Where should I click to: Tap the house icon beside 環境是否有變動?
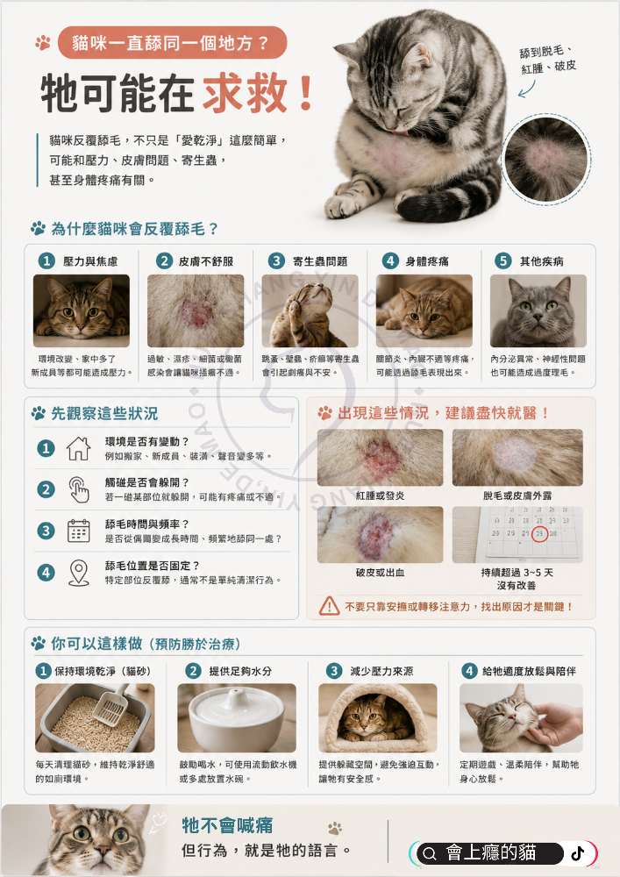click(78, 448)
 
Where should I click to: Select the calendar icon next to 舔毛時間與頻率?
click(78, 531)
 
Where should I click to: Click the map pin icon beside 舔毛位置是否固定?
click(78, 573)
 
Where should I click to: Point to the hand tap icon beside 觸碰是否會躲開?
click(79, 490)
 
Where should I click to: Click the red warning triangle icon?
click(329, 606)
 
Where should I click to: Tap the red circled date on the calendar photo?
click(539, 533)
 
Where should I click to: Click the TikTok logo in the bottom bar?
click(578, 853)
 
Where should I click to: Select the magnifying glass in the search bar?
click(430, 853)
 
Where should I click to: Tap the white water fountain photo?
click(237, 717)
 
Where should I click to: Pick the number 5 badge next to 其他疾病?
click(503, 260)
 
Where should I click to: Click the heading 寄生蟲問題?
click(320, 261)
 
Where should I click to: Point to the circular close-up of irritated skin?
click(546, 160)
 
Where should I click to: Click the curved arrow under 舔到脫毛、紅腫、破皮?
click(527, 89)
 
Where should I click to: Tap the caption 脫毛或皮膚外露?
click(517, 496)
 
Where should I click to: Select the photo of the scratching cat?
click(310, 311)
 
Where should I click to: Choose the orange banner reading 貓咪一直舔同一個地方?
click(172, 42)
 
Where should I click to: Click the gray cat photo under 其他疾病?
click(538, 311)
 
